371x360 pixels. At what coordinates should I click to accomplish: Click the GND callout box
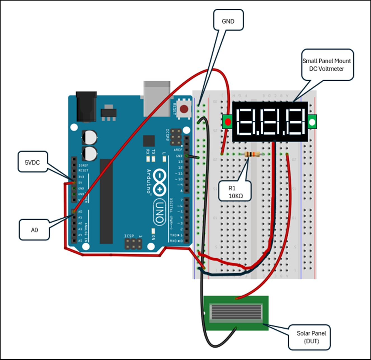228,20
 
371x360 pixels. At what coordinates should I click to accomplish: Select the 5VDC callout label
32,162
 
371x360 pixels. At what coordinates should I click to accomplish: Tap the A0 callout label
34,230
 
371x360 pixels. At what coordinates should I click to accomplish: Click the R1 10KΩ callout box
235,192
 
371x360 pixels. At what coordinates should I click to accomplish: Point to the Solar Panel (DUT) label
311,337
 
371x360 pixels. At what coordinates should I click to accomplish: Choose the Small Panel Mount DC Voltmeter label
327,65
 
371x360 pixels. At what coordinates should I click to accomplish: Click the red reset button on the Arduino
184,109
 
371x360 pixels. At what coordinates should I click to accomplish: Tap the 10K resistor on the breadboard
252,154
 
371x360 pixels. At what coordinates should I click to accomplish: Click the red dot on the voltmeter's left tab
228,122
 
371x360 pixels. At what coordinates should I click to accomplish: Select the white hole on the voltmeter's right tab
312,122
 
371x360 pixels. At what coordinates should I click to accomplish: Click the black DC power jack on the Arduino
86,106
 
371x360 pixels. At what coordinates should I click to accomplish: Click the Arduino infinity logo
159,182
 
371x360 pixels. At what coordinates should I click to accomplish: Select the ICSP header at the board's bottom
133,244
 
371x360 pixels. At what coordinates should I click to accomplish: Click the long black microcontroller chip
106,201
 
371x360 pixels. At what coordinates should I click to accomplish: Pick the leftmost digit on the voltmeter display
245,122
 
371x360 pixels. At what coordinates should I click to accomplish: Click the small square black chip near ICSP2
149,141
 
